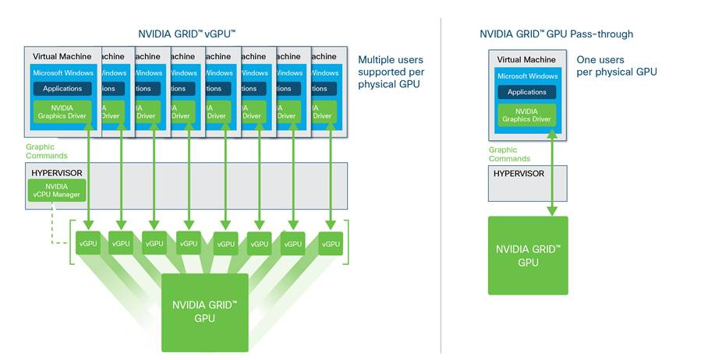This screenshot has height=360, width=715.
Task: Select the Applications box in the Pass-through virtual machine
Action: click(527, 92)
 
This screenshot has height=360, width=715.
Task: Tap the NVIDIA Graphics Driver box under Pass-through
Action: click(527, 115)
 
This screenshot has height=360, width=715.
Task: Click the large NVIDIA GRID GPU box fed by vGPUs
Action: click(204, 312)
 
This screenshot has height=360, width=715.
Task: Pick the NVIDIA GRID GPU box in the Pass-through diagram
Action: click(528, 256)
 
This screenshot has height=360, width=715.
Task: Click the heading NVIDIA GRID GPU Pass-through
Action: click(556, 34)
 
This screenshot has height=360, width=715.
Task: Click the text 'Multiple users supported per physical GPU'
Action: click(391, 72)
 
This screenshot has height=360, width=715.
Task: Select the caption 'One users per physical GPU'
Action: click(616, 65)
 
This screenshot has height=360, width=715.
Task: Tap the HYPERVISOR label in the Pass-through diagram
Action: click(518, 174)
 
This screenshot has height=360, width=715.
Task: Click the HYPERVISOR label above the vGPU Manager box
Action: click(57, 171)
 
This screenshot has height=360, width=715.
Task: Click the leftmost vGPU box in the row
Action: click(87, 244)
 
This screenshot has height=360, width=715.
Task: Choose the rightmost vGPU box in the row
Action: click(331, 244)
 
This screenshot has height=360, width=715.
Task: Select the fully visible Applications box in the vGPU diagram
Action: click(62, 89)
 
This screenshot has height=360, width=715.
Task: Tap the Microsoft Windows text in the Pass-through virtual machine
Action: click(527, 76)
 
